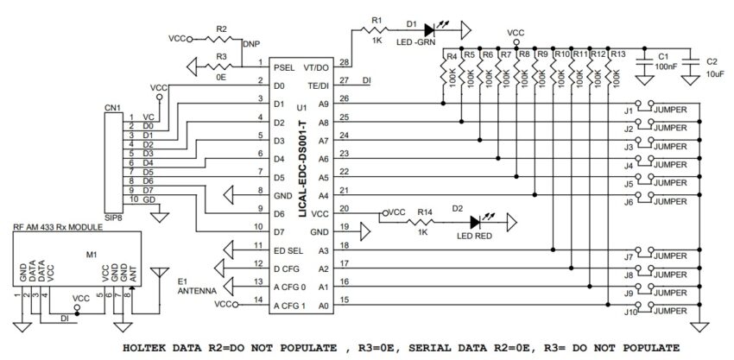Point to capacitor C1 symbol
[x=643, y=60]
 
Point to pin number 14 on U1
[x=256, y=300]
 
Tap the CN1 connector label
[x=112, y=108]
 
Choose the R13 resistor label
[x=617, y=54]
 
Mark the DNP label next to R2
[x=251, y=42]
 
